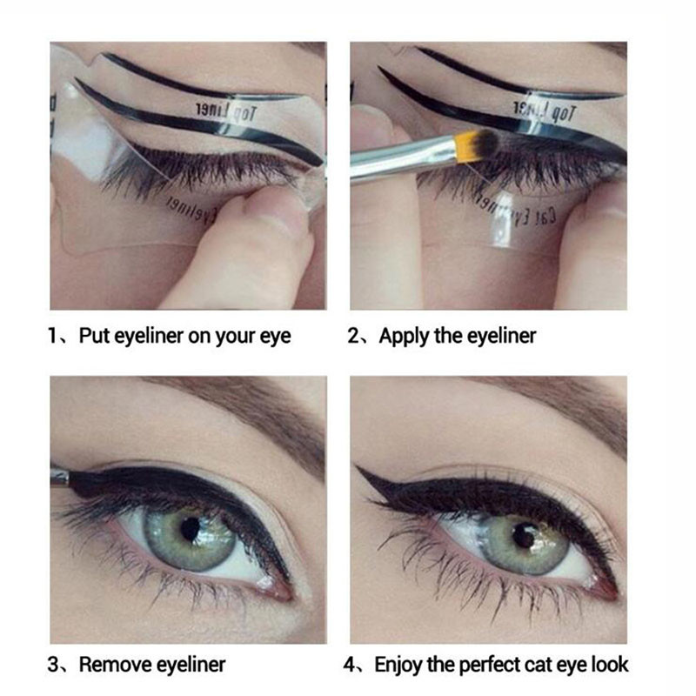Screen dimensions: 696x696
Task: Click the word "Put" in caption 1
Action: click(94, 336)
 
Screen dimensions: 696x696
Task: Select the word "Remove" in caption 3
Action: click(117, 665)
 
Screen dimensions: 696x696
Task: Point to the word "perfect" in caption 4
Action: click(490, 665)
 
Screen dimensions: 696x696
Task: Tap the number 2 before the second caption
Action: click(354, 336)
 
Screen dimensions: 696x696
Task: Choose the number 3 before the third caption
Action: click(53, 665)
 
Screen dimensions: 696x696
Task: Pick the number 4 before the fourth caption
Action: click(351, 665)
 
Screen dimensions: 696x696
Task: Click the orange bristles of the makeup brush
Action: click(483, 142)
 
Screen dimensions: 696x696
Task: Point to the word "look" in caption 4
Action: click(608, 665)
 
